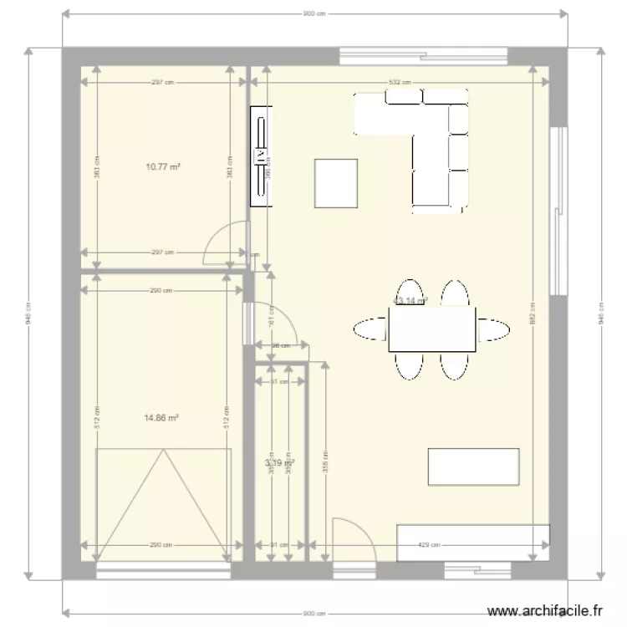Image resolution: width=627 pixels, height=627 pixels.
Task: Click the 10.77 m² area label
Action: [x=163, y=166]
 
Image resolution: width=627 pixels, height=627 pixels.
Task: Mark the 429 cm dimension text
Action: [x=426, y=545]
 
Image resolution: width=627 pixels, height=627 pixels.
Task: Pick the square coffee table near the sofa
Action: [x=336, y=183]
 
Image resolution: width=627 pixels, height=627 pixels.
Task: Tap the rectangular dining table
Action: [x=431, y=329]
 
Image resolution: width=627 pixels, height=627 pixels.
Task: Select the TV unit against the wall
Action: [x=262, y=155]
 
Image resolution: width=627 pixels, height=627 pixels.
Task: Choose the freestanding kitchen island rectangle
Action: [x=474, y=466]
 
